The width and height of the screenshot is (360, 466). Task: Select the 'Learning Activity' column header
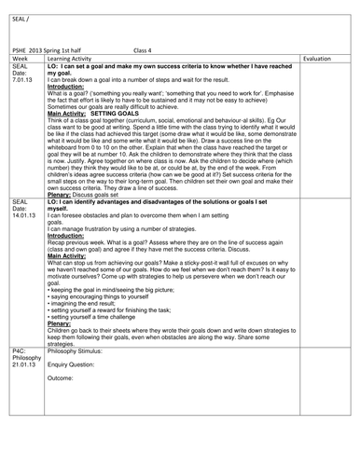73,57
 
